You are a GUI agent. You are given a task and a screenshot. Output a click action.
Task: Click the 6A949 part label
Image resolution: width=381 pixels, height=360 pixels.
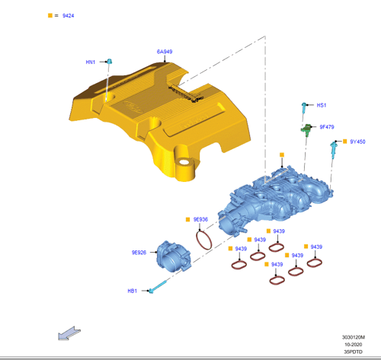(165, 52)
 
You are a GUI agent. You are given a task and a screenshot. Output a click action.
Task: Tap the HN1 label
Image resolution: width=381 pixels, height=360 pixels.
(91, 62)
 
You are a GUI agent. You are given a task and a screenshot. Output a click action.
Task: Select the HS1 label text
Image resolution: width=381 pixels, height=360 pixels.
(322, 105)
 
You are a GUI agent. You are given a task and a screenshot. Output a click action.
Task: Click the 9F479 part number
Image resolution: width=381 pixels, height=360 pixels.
(327, 127)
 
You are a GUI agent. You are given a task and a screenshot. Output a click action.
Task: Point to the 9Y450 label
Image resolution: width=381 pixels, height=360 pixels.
(357, 142)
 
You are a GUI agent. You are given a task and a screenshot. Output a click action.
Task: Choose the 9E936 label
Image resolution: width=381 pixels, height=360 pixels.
(200, 219)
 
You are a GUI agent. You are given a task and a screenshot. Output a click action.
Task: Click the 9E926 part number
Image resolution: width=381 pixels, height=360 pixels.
(139, 253)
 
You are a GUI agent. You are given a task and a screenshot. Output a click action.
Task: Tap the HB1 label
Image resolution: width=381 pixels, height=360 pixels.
(133, 291)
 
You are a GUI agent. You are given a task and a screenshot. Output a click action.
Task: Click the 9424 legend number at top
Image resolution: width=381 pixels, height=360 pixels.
(69, 16)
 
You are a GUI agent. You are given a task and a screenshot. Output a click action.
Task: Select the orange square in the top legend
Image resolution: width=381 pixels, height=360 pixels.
(50, 15)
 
